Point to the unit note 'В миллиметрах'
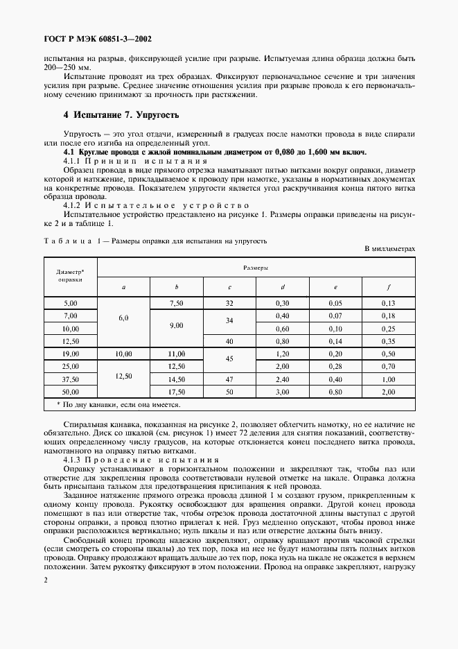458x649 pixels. [389, 248]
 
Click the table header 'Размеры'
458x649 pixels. [256, 266]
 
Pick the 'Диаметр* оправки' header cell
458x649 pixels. [70, 276]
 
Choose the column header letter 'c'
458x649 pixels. [229, 286]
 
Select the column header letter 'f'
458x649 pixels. [388, 286]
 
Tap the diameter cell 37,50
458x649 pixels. [70, 379]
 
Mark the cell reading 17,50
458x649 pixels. [177, 392]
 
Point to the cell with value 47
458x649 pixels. [229, 379]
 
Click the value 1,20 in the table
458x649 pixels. [282, 354]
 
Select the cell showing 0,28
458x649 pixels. [335, 366]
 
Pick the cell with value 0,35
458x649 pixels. [388, 340]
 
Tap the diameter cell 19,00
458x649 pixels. [70, 354]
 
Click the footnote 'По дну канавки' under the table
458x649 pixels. [118, 404]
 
